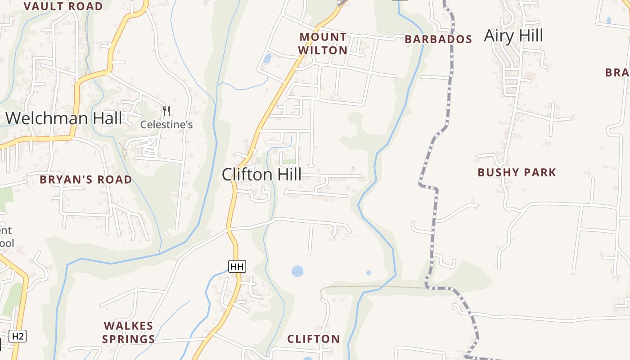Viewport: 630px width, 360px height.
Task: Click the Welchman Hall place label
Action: pos(63,118)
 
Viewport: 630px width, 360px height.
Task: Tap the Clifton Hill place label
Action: pos(261,175)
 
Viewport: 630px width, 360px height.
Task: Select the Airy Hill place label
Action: pos(513,36)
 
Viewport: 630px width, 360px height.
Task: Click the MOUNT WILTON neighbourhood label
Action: pos(323,44)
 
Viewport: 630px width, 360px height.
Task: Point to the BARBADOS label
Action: pos(438,39)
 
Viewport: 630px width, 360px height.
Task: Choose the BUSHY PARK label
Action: pos(517,172)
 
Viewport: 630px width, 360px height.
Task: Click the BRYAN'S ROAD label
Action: pos(86,180)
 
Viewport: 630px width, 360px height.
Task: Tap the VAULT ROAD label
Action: pos(63,6)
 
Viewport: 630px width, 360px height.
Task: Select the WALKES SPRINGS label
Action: pos(129,332)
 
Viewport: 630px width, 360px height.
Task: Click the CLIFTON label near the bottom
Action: pos(314,339)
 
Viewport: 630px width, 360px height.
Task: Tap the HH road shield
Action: pos(237,266)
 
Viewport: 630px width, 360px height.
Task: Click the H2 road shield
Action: pos(18,336)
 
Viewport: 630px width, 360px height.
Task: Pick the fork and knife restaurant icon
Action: pos(166,111)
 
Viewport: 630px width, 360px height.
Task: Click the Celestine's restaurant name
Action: pos(166,125)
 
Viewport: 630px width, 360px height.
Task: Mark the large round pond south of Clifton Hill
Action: pos(297,271)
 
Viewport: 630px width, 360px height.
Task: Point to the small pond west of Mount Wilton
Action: pos(267,58)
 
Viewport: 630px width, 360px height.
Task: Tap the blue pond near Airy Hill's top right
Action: pos(608,20)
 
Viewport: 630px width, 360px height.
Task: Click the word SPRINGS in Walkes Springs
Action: pos(129,339)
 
